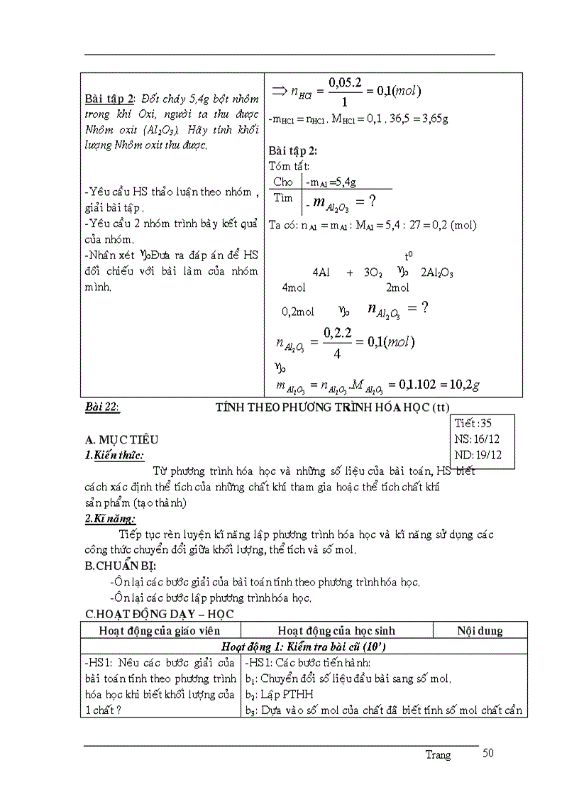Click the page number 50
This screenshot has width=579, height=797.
pos(487,753)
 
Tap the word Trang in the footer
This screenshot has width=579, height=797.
pos(438,755)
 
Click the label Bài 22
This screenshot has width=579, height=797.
pos(101,407)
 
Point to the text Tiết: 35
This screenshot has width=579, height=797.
pos(475,423)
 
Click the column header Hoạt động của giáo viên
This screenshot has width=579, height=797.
pos(160,630)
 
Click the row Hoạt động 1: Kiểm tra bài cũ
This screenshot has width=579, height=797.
pos(303,647)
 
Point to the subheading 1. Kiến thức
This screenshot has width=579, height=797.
pos(114,456)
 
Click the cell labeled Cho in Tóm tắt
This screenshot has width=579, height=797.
pos(282,182)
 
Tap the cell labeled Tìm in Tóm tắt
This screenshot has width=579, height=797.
pos(282,198)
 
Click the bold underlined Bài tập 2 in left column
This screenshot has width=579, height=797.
pos(109,97)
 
